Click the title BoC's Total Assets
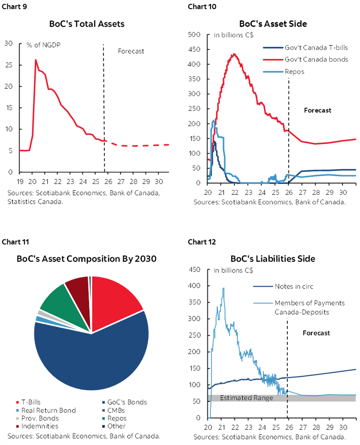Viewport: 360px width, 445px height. pos(87,23)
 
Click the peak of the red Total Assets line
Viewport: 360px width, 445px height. pos(36,60)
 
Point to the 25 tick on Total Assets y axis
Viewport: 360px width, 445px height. pos(9,65)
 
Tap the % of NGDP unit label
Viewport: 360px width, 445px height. pos(42,44)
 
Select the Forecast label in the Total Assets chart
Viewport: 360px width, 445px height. pos(131,51)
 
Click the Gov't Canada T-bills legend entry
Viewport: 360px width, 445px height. pos(316,48)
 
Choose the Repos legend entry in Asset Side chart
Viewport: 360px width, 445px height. pos(294,71)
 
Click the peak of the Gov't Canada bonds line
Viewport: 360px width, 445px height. pos(234,54)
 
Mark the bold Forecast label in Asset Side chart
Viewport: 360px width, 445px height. pos(317,110)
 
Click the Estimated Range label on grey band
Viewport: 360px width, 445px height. pos(247,398)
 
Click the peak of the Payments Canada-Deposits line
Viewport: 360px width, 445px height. pos(223,288)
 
